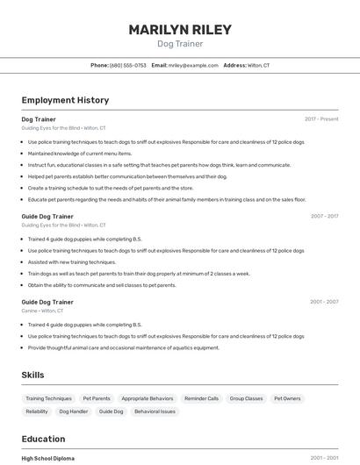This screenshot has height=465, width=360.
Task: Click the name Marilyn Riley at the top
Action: click(x=180, y=30)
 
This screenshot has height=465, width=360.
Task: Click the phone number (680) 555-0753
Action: click(x=128, y=65)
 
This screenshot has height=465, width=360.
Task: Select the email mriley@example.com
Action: click(x=193, y=65)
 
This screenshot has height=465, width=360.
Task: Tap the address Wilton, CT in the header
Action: click(x=258, y=65)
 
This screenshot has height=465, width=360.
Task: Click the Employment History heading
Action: click(x=65, y=100)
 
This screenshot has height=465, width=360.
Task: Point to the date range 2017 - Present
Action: click(x=321, y=119)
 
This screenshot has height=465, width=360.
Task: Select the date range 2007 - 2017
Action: click(x=324, y=216)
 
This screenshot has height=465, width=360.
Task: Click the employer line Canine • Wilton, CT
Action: click(x=43, y=311)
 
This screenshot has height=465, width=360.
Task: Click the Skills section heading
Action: click(x=32, y=375)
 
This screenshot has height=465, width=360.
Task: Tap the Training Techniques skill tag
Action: click(x=49, y=398)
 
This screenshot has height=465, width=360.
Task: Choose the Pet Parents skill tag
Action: click(x=97, y=398)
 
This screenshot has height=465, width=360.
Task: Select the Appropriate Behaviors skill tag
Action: click(x=148, y=398)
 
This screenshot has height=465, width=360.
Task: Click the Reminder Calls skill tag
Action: click(x=202, y=398)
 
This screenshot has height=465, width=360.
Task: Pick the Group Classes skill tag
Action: click(x=247, y=398)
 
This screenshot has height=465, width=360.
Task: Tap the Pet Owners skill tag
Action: click(x=287, y=398)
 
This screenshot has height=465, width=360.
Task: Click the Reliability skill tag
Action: click(x=37, y=411)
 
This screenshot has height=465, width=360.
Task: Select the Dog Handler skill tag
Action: click(x=74, y=411)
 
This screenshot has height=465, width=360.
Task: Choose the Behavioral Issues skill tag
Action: click(x=155, y=411)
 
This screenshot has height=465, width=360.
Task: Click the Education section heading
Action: click(x=43, y=439)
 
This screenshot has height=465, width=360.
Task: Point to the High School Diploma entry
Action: click(x=48, y=458)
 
